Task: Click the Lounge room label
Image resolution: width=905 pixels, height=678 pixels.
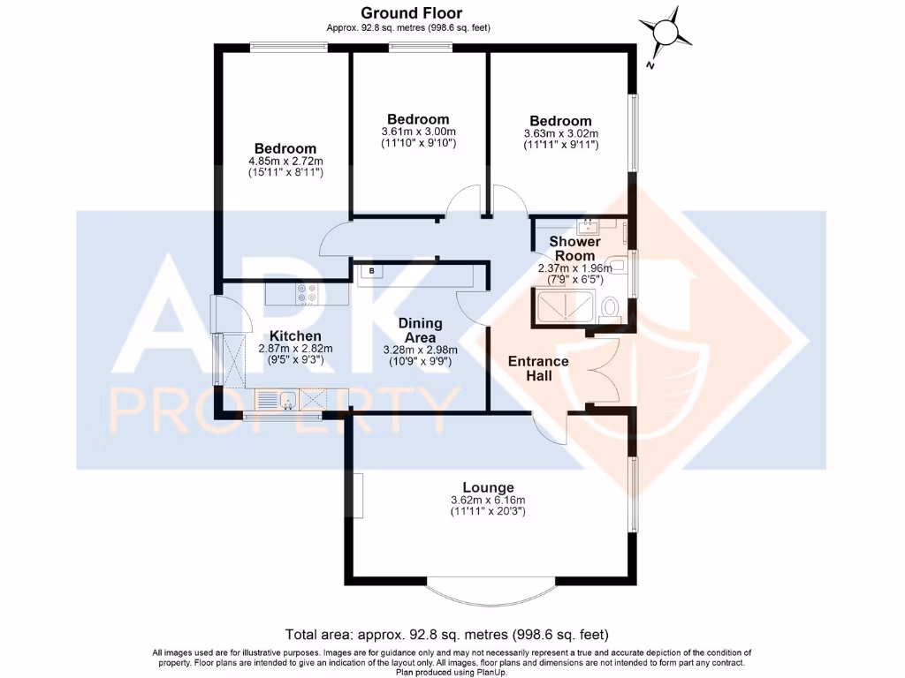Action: (488, 487)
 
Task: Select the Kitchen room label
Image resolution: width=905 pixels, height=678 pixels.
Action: (295, 336)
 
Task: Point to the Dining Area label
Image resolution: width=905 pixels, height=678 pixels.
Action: (420, 330)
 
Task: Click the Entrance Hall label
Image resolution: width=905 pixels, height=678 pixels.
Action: (538, 369)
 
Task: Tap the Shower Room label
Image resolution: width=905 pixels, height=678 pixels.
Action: (574, 248)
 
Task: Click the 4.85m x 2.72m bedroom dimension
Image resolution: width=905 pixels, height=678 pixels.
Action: (285, 162)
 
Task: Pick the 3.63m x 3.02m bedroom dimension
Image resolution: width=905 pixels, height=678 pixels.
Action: (560, 133)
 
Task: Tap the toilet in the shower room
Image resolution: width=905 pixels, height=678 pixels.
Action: (608, 308)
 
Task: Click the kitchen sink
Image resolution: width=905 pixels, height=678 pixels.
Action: (287, 402)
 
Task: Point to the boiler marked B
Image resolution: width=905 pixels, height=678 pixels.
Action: (372, 271)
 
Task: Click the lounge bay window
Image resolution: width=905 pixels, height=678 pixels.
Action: (491, 584)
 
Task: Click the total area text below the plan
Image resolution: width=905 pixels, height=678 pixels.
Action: (446, 634)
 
